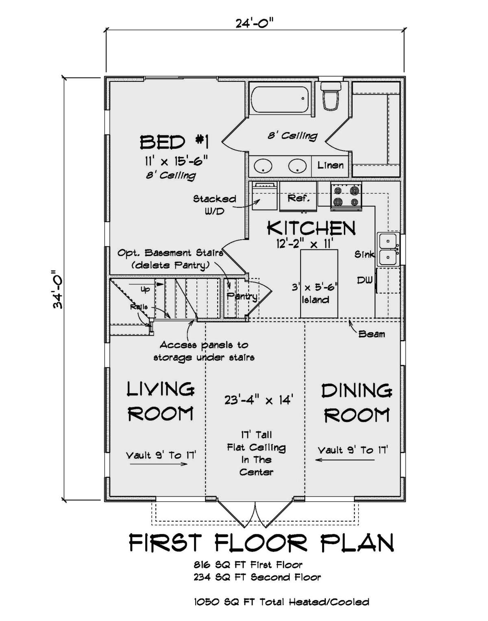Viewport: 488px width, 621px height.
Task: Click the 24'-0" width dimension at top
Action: tap(255, 23)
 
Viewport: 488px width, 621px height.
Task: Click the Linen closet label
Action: tap(330, 166)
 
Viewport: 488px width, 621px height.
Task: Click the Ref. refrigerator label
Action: tap(298, 198)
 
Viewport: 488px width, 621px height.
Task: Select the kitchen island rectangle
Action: tap(319, 284)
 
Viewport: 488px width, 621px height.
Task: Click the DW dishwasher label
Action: tap(365, 280)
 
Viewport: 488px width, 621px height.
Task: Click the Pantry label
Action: tap(242, 296)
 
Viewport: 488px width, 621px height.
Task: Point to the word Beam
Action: tap(371, 334)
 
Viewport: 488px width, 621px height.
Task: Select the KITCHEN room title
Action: tap(311, 228)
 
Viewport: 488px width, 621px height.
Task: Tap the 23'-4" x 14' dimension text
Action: tap(259, 400)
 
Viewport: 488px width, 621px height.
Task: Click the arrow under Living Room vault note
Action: tap(159, 464)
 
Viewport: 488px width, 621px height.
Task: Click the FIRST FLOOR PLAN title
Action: tap(261, 543)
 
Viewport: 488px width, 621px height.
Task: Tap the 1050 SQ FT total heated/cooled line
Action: tap(281, 601)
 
